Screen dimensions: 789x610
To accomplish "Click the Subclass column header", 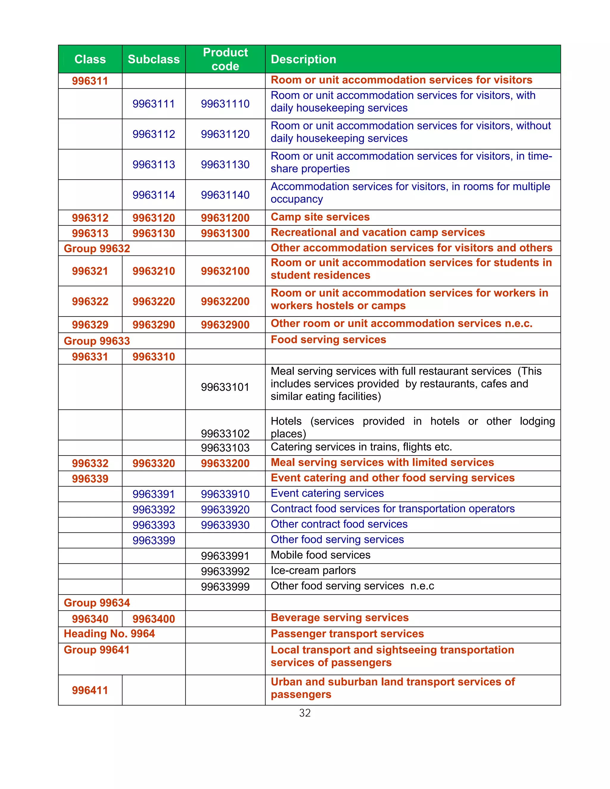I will [154, 59].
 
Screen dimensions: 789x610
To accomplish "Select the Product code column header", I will [225, 59].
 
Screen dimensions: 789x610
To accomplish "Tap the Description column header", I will [303, 59].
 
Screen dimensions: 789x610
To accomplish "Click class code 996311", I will [90, 81].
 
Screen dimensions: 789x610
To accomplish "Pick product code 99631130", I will [225, 165].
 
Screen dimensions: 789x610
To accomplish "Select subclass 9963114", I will [154, 195].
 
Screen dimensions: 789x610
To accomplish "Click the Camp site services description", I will [320, 217].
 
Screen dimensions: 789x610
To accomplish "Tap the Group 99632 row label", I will [97, 249].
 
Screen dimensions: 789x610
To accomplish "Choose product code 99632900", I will [225, 325].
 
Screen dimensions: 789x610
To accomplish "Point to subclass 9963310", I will [154, 357].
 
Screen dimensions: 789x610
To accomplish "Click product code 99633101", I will [225, 387].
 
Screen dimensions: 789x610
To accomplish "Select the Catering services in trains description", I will [361, 447].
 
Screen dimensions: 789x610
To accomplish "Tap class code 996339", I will [90, 479].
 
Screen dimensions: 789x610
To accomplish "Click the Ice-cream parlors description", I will [313, 570].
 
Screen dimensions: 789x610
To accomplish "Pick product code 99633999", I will [225, 587].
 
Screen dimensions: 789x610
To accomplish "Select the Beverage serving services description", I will [339, 618].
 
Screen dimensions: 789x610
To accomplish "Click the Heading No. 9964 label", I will [109, 634].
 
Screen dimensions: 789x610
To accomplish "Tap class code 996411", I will [90, 690].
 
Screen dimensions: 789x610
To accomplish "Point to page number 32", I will [305, 713].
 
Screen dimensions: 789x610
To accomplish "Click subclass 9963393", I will [154, 525].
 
